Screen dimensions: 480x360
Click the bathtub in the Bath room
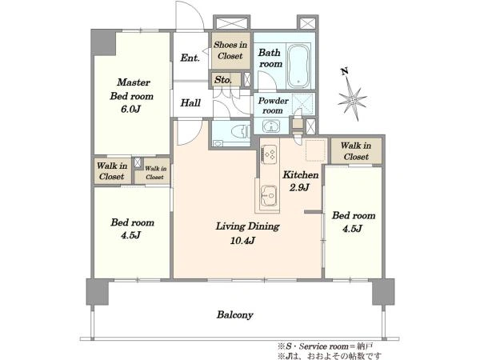[x=298, y=66]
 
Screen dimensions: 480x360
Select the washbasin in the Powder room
[x=271, y=126]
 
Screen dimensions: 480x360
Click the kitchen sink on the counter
[x=270, y=195]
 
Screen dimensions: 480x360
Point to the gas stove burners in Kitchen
[x=269, y=152]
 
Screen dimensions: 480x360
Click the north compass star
[x=352, y=99]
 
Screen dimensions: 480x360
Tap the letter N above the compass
[x=345, y=72]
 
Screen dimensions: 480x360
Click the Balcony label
[x=234, y=314]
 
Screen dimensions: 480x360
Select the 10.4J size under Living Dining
[x=242, y=240]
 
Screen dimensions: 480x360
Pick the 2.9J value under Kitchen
[x=299, y=187]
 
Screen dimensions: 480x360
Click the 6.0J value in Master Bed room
[x=130, y=109]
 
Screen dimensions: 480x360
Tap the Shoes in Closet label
[x=230, y=50]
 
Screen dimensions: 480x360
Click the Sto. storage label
[x=223, y=80]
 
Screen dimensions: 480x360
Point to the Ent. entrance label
[x=190, y=58]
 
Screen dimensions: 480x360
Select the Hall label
[x=190, y=103]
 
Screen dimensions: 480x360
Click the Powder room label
[x=273, y=106]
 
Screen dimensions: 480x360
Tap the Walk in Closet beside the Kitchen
[x=356, y=151]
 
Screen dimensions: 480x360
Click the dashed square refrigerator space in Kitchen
[x=314, y=150]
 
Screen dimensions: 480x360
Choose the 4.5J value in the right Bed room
[x=352, y=228]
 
